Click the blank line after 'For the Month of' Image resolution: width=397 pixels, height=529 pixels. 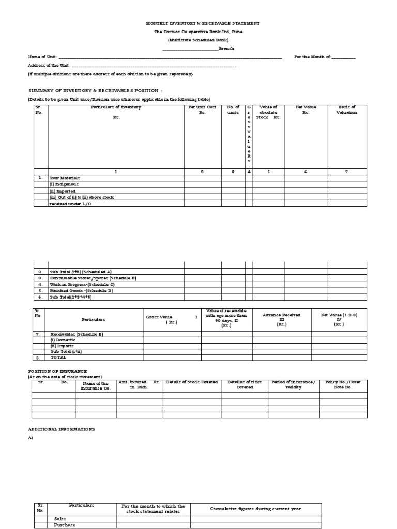343,57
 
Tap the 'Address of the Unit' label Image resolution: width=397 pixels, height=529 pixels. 49,66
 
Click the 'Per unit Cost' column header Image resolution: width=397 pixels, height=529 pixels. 202,110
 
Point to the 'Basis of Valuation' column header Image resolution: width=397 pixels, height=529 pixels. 346,110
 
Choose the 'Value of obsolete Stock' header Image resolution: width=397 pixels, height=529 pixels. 269,113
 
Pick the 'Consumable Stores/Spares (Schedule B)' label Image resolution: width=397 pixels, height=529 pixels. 92,278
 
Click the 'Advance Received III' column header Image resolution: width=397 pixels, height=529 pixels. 281,319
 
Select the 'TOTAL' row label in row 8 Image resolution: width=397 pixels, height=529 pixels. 58,357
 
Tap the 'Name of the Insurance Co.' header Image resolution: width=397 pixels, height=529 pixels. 95,385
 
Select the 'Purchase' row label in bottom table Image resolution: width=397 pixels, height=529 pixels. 65,525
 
